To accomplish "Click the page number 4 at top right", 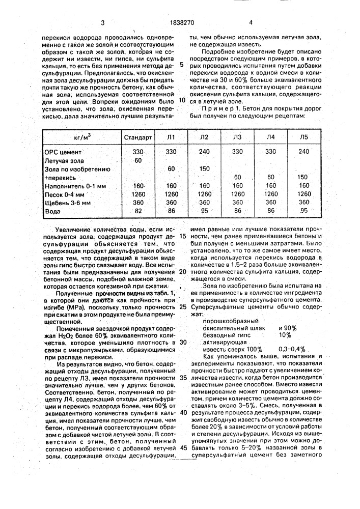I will pos(251,22).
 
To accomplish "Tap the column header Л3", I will pos(237,137).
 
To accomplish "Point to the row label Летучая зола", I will pos(64,160).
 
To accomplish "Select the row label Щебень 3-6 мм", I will pos(67,202).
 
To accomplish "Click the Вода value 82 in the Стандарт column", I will pos(137,211).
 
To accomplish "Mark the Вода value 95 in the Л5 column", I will pos(303,211).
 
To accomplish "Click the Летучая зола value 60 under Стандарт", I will pos(137,160).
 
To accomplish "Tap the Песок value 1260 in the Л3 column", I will pos(237,193).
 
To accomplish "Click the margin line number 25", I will pos(183,308).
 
